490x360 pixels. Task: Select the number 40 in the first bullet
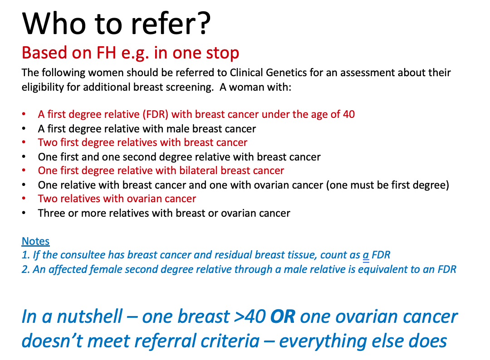[349, 114]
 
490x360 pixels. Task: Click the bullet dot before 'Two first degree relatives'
[24, 142]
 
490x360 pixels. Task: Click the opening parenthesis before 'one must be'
[328, 185]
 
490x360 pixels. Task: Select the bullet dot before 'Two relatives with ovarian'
[24, 199]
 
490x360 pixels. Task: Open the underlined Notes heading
[36, 241]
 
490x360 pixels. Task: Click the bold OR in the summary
[283, 316]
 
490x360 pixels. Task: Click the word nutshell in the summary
[90, 316]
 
